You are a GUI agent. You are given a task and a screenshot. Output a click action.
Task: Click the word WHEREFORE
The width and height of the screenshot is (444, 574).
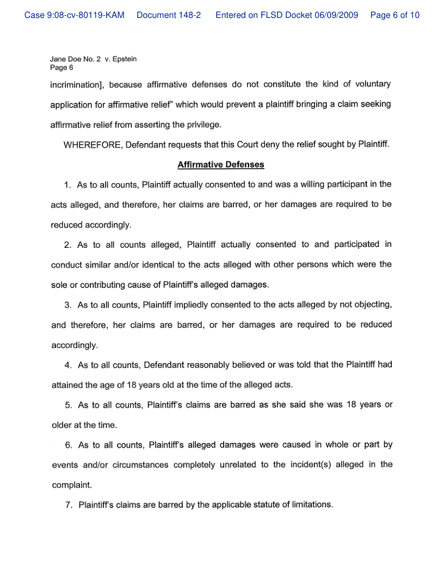coord(92,145)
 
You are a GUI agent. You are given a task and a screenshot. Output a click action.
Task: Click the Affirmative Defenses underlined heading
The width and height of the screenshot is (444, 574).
coord(221,164)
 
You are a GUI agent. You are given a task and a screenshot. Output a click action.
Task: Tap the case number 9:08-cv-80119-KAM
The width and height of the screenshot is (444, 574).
coord(75,15)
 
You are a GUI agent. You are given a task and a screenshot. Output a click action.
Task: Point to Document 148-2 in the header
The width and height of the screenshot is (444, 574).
coord(169,15)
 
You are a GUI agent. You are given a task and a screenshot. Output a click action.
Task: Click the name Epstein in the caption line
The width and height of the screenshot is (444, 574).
coord(124,59)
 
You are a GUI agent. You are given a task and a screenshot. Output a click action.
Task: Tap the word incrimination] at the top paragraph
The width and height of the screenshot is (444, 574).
coord(77,84)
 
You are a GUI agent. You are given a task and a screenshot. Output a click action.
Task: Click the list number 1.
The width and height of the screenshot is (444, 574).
coord(67,185)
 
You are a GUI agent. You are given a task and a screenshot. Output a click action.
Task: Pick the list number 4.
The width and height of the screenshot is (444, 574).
coord(67,365)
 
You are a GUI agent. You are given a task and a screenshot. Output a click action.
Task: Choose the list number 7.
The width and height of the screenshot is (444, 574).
coord(68,505)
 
